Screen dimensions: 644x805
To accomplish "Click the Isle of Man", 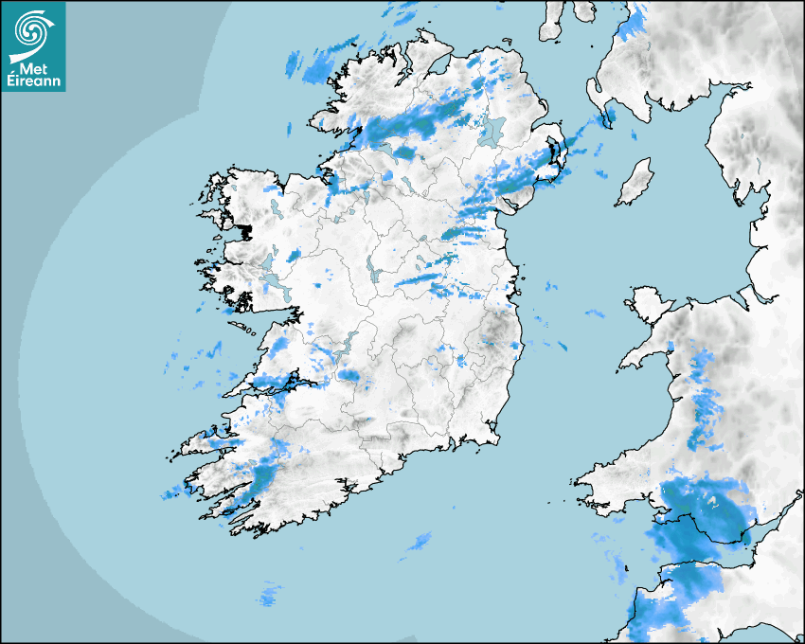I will tap(635, 183).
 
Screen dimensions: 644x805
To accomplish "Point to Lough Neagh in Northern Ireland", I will tap(492, 132).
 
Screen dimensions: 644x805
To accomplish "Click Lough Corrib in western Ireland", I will tap(276, 283).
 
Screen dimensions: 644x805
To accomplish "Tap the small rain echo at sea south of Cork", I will tap(420, 541).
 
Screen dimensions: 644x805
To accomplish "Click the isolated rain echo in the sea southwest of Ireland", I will tap(271, 596).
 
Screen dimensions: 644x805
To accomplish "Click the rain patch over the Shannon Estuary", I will tap(275, 384).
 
